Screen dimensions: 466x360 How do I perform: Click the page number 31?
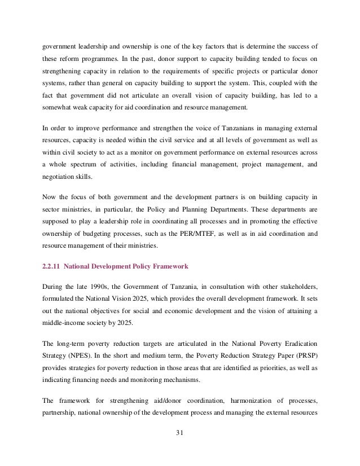coord(180,434)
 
